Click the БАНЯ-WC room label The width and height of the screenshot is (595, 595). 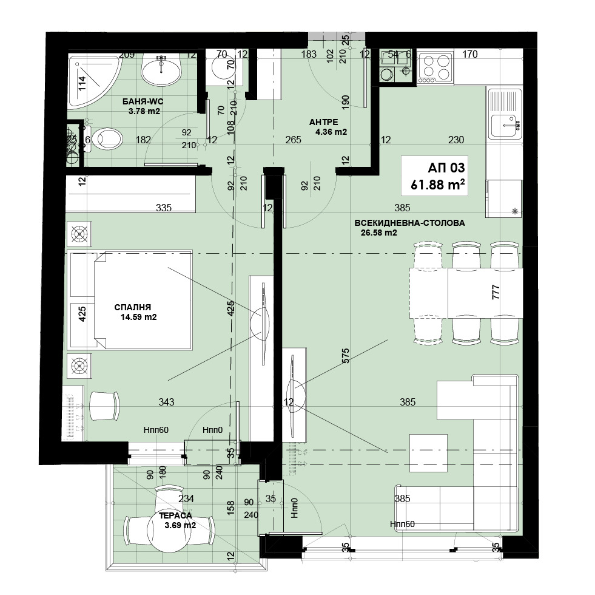pyautogui.click(x=143, y=101)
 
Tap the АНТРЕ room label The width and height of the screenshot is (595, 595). pyautogui.click(x=323, y=122)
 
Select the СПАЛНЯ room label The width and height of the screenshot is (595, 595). pyautogui.click(x=132, y=307)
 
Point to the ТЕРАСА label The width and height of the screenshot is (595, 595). pyautogui.click(x=175, y=515)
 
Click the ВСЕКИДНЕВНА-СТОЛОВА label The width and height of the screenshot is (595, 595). pyautogui.click(x=409, y=223)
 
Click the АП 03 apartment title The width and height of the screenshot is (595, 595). pyautogui.click(x=446, y=168)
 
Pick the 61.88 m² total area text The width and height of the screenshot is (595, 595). pyautogui.click(x=437, y=185)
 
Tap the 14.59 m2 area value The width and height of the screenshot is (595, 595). pyautogui.click(x=138, y=317)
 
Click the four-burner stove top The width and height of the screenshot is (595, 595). pyautogui.click(x=435, y=69)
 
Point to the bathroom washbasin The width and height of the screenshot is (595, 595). pyautogui.click(x=161, y=69)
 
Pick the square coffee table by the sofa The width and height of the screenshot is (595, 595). pyautogui.click(x=428, y=454)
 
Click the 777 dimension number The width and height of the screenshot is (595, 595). pyautogui.click(x=495, y=292)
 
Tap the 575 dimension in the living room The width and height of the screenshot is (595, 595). pyautogui.click(x=345, y=356)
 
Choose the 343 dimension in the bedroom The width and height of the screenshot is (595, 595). pyautogui.click(x=166, y=401)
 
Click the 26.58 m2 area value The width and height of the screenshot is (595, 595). pyautogui.click(x=378, y=233)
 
